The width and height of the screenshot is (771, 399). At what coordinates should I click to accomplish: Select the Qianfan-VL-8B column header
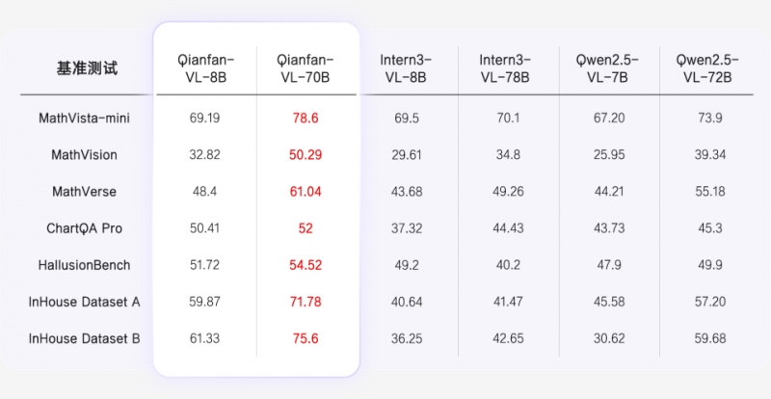pos(206,69)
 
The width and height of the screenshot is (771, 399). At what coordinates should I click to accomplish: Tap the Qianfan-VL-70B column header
pos(307,69)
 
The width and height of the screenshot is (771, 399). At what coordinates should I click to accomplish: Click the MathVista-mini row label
pos(84,118)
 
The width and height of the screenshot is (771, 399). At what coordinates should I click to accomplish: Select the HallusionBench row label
pos(84,265)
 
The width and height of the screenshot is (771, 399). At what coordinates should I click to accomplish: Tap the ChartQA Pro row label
pos(84,228)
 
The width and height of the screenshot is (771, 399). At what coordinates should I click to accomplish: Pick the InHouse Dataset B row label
pos(84,338)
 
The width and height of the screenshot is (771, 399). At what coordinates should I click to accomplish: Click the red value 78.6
pos(307,118)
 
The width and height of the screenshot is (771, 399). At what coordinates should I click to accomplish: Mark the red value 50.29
pos(307,154)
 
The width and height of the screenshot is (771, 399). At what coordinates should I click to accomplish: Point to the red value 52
pos(307,228)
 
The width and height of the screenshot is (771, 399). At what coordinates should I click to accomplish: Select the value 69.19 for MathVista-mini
pos(206,118)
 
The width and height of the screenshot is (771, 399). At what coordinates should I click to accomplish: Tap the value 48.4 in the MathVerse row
pos(206,192)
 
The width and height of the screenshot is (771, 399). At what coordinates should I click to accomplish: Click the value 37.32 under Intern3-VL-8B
pos(409,228)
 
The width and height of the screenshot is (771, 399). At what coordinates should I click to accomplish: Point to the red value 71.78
pos(307,302)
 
